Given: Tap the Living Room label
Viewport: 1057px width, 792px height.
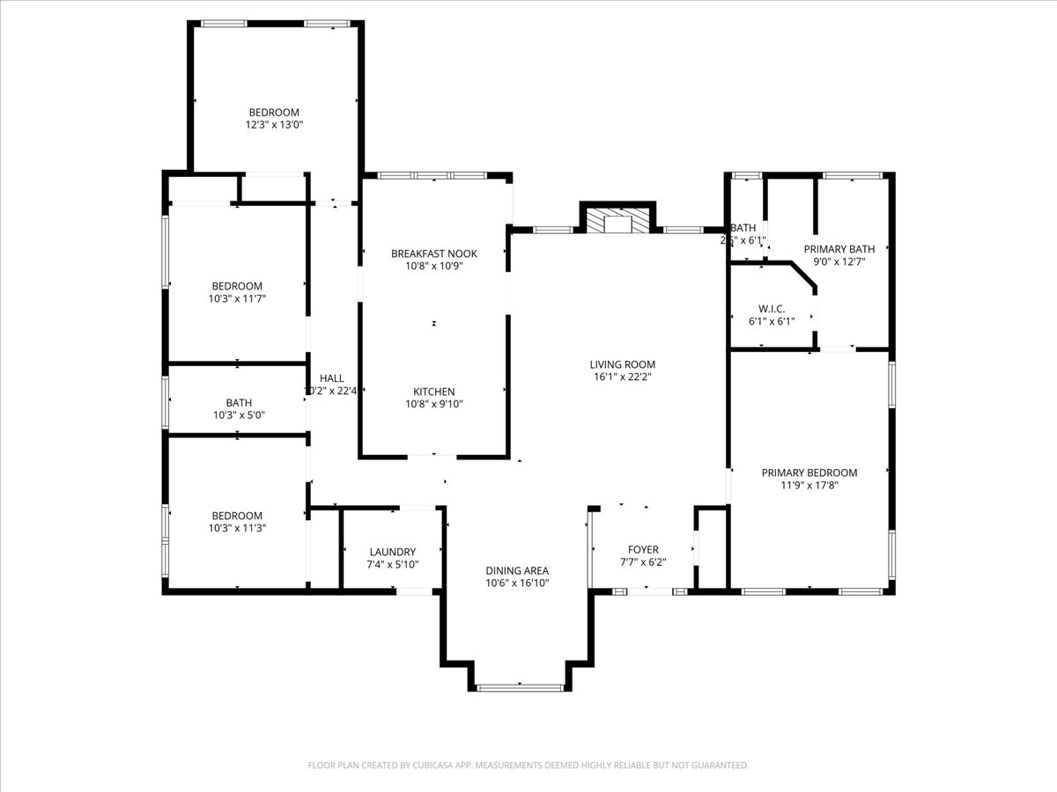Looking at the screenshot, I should pyautogui.click(x=622, y=364).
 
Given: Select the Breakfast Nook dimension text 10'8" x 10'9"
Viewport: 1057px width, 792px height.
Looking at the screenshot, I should pyautogui.click(x=433, y=266).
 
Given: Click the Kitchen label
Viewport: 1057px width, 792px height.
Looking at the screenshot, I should pyautogui.click(x=433, y=392).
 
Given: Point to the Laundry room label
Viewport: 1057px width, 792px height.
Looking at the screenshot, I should pyautogui.click(x=392, y=552).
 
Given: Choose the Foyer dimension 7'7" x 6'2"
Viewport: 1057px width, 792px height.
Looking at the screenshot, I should pyautogui.click(x=643, y=562).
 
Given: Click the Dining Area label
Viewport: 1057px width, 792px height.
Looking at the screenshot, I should pyautogui.click(x=517, y=570).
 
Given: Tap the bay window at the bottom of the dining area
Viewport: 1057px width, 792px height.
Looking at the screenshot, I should pyautogui.click(x=520, y=686).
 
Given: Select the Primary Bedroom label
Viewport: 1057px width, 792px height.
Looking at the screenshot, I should pyautogui.click(x=809, y=473).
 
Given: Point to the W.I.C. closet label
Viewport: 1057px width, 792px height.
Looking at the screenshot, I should pyautogui.click(x=771, y=309).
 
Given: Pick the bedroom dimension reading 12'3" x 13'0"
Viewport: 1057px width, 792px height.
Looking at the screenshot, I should pyautogui.click(x=274, y=125).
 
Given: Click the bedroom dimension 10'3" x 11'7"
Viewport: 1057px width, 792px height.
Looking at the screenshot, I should pyautogui.click(x=236, y=299).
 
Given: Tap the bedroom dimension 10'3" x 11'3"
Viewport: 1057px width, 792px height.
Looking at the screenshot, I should pyautogui.click(x=236, y=528).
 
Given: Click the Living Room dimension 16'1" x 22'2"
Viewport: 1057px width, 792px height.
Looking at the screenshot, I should pyautogui.click(x=622, y=377).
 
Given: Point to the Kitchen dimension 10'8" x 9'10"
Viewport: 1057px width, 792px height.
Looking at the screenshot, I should pyautogui.click(x=433, y=404).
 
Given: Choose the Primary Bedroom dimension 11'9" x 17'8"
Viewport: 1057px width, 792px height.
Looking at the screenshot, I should pyautogui.click(x=809, y=485).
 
